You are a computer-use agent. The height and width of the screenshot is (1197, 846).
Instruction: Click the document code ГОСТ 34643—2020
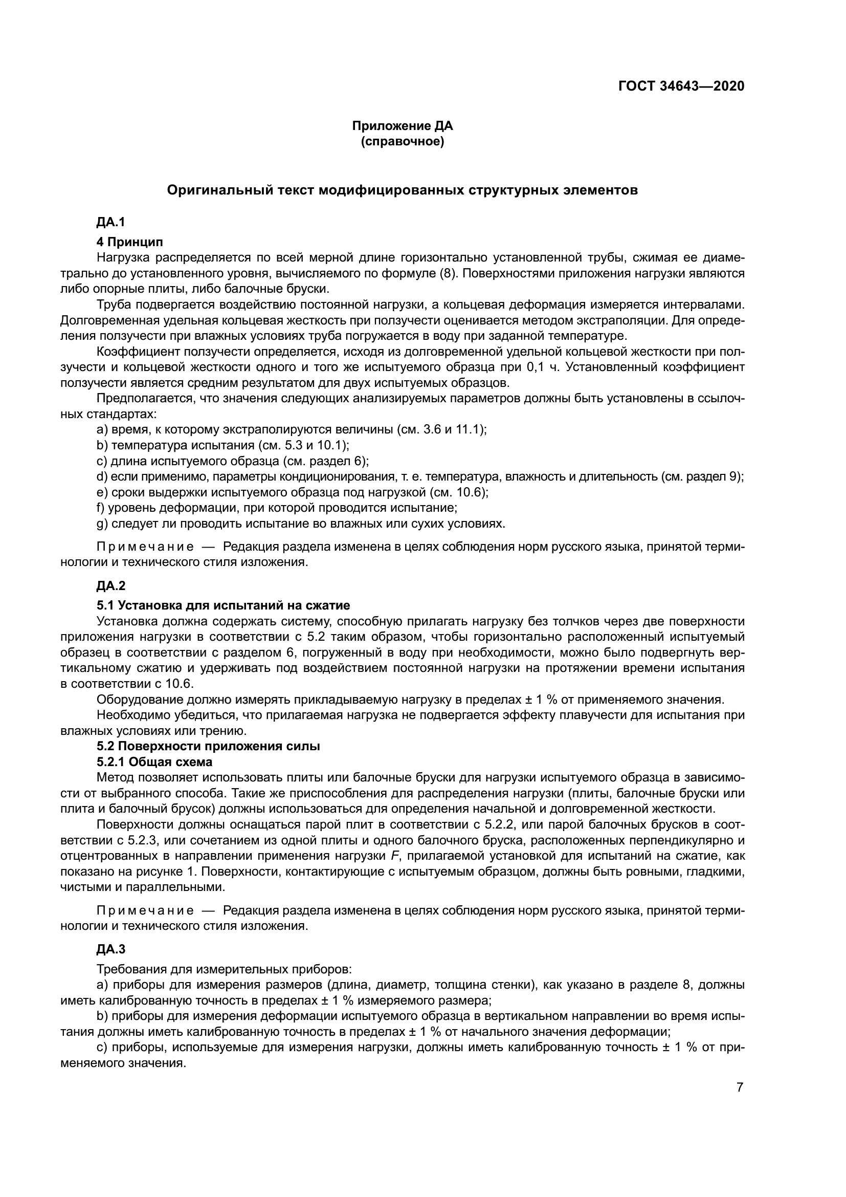(681, 86)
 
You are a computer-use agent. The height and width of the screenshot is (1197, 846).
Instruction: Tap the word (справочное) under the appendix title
(402, 142)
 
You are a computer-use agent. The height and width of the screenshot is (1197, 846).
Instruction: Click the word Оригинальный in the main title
(214, 190)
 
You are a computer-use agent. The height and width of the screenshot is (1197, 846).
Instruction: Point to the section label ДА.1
(110, 223)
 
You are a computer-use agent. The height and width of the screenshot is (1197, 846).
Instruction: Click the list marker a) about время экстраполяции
(102, 429)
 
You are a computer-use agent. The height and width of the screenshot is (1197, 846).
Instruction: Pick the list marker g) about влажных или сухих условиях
(102, 524)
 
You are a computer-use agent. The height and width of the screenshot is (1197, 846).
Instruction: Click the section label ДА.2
(110, 586)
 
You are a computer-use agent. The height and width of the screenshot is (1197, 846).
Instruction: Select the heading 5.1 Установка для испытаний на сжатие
(223, 605)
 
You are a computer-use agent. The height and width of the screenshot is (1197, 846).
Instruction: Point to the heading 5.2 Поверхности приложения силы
(208, 746)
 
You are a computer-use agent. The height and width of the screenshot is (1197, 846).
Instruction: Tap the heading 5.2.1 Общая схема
(154, 761)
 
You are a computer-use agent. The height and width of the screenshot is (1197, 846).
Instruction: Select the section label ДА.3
(110, 949)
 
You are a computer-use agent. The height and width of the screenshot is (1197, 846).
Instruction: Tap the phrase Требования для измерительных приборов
(224, 970)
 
